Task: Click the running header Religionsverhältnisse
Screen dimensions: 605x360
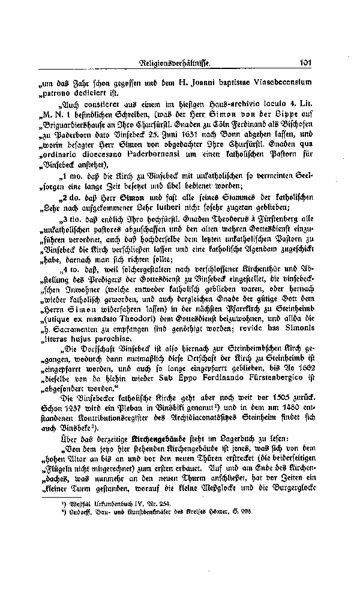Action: [175, 62]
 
